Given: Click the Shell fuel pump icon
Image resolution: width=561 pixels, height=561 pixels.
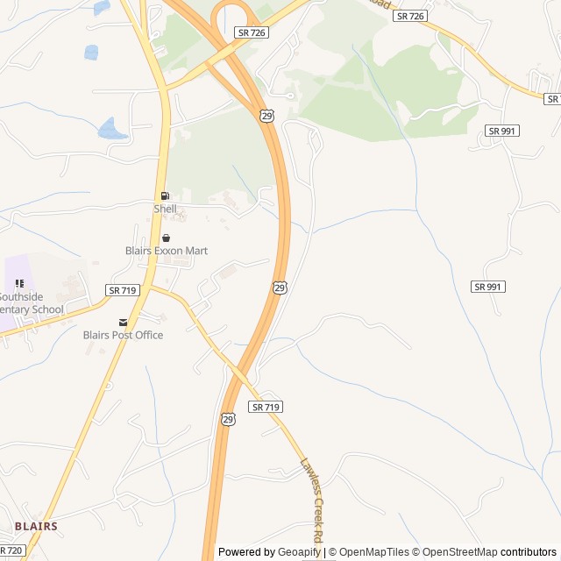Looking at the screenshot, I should point(165,195).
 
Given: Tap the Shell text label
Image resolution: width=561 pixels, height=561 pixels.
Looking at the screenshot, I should point(165,209).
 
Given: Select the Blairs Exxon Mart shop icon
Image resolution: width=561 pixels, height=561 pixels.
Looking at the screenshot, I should point(165,238).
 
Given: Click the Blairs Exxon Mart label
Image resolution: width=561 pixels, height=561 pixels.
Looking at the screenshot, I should point(166,251).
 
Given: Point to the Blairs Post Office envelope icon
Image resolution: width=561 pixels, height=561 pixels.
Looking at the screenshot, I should point(123,322).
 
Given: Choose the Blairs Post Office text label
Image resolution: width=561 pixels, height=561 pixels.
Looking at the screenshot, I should point(123,335).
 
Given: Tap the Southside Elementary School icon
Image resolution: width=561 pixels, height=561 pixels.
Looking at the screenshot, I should point(19,283).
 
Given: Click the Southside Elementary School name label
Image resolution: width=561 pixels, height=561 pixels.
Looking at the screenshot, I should point(32,303).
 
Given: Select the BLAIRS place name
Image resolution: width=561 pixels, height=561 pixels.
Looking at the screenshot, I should point(36,526).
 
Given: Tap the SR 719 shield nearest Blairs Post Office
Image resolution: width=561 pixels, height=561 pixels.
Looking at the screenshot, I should point(122,289).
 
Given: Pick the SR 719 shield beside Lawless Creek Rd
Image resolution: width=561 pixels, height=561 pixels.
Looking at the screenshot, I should point(266,407).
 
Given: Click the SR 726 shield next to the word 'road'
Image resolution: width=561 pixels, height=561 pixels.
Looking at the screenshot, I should point(410,16).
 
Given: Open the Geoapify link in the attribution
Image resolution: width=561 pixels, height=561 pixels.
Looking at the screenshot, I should point(299,552).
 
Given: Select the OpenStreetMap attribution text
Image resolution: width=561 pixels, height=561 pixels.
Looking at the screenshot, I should point(459,552).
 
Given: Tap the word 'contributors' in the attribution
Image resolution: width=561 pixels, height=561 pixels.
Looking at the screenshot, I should point(529,552).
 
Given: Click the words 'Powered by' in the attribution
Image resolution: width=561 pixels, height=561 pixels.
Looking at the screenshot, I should point(246,552).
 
